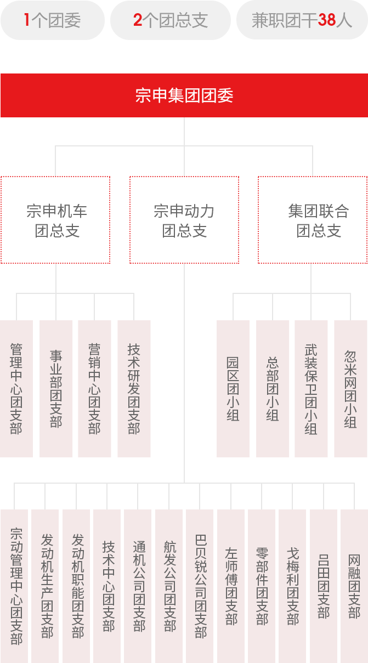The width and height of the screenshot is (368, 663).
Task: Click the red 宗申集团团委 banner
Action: point(184,95)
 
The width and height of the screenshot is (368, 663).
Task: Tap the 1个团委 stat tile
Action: point(52,20)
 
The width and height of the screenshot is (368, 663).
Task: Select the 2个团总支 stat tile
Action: point(170,20)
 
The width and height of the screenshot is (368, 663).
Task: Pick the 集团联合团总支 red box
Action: point(313,220)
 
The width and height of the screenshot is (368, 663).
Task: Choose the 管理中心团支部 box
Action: point(16,388)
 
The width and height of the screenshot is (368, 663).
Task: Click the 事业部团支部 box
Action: point(56,388)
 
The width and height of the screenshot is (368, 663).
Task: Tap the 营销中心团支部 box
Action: point(94,388)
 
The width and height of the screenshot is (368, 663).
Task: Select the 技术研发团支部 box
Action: point(134,388)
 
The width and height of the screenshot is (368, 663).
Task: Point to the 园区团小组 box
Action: point(233,388)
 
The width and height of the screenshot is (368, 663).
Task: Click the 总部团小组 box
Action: point(273,388)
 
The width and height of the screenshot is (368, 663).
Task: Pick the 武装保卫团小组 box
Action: point(311,388)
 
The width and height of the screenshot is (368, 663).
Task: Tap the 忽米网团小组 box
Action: point(350,388)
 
